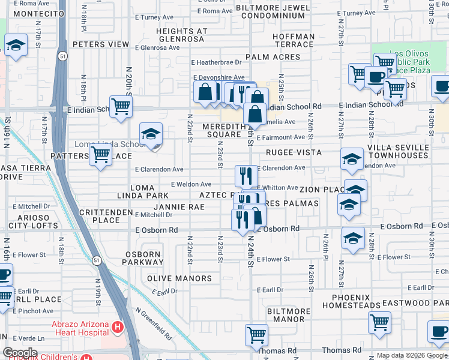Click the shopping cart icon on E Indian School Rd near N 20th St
point(121,107)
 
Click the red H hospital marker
point(118,328)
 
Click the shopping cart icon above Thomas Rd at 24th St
point(256,334)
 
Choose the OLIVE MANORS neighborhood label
point(179,278)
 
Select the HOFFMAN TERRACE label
point(294,41)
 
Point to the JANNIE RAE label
point(180,207)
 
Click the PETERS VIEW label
point(101,44)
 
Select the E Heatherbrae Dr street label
point(216,62)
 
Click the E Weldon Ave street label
point(191,184)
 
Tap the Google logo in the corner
point(19,353)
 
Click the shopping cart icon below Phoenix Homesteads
point(379,322)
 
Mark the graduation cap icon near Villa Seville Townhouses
point(352,158)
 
